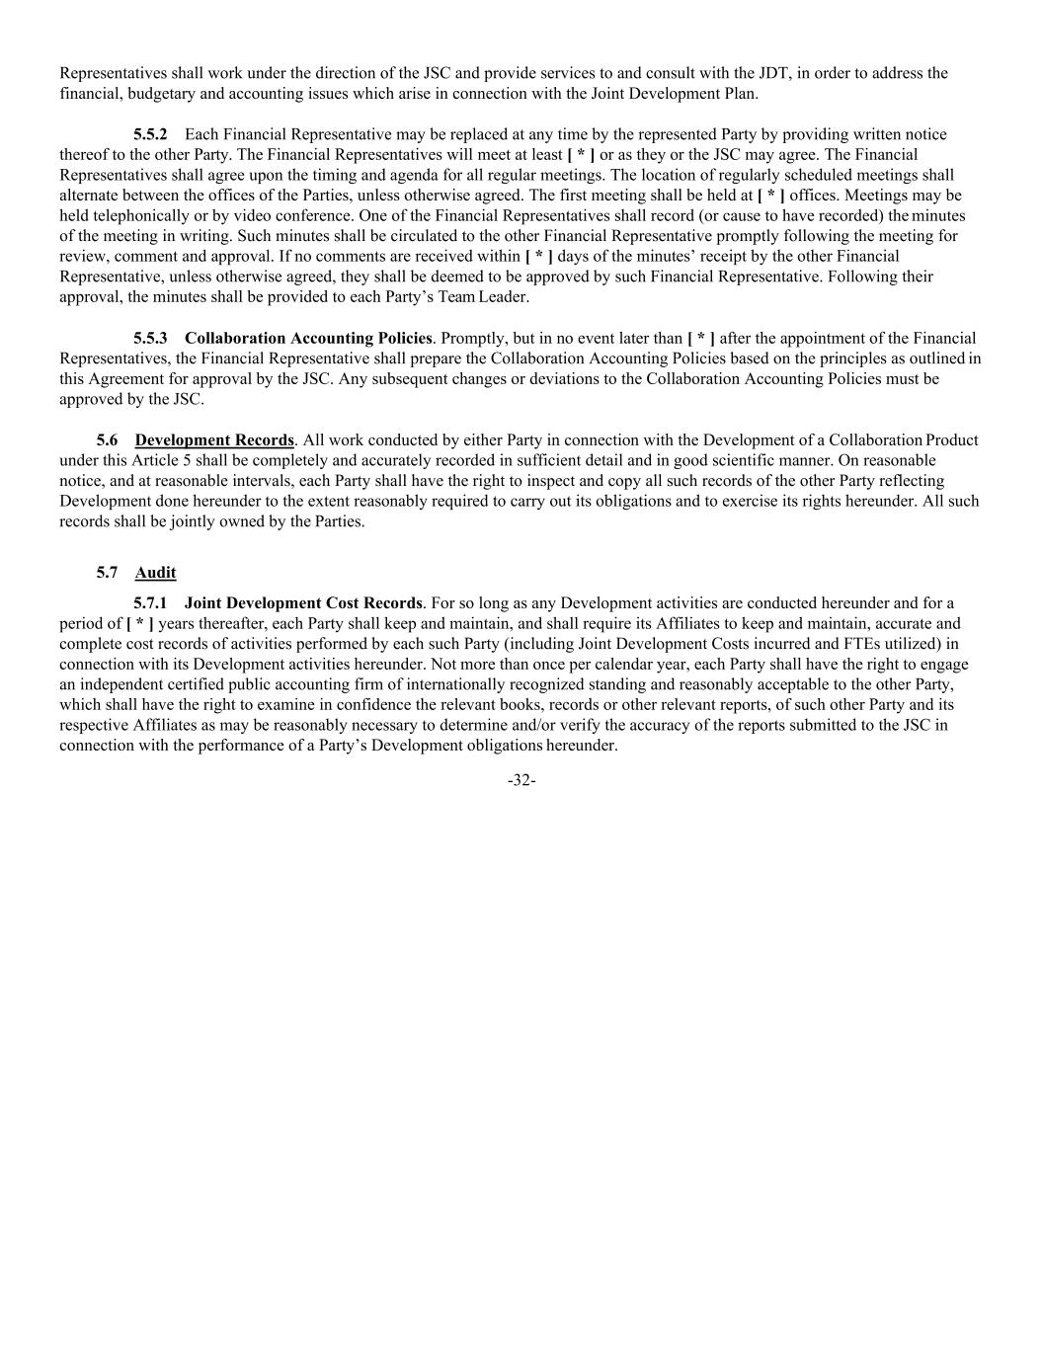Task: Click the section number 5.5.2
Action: pyautogui.click(x=150, y=134)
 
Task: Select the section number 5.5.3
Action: pyautogui.click(x=150, y=339)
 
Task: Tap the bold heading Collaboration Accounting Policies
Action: pyautogui.click(x=308, y=339)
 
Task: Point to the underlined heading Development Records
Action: pyautogui.click(x=214, y=440)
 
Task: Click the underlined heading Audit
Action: pyautogui.click(x=155, y=573)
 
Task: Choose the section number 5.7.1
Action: pyautogui.click(x=150, y=603)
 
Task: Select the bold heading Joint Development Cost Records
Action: pyautogui.click(x=303, y=603)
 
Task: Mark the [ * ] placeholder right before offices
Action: pyautogui.click(x=770, y=196)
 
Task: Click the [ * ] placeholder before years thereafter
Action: pyautogui.click(x=140, y=624)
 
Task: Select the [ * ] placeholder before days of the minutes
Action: pyautogui.click(x=538, y=257)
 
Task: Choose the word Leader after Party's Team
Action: pyautogui.click(x=504, y=297)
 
